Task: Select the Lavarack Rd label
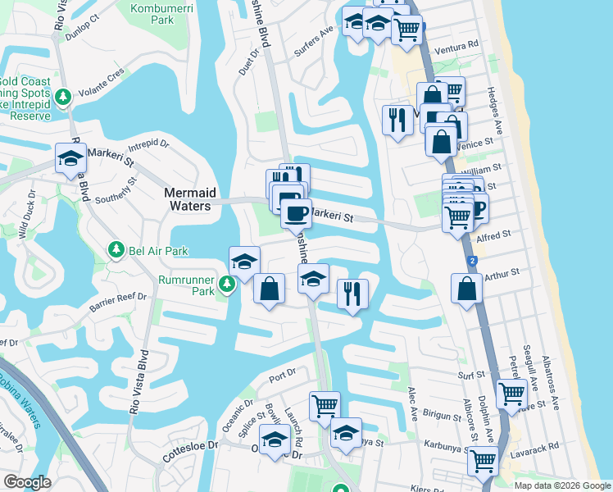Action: click(541, 445)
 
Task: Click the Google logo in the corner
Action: click(27, 482)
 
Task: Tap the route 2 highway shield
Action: click(472, 260)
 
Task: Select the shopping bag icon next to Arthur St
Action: click(466, 289)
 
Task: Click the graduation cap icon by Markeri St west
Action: click(70, 157)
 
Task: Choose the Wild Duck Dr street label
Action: click(25, 220)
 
